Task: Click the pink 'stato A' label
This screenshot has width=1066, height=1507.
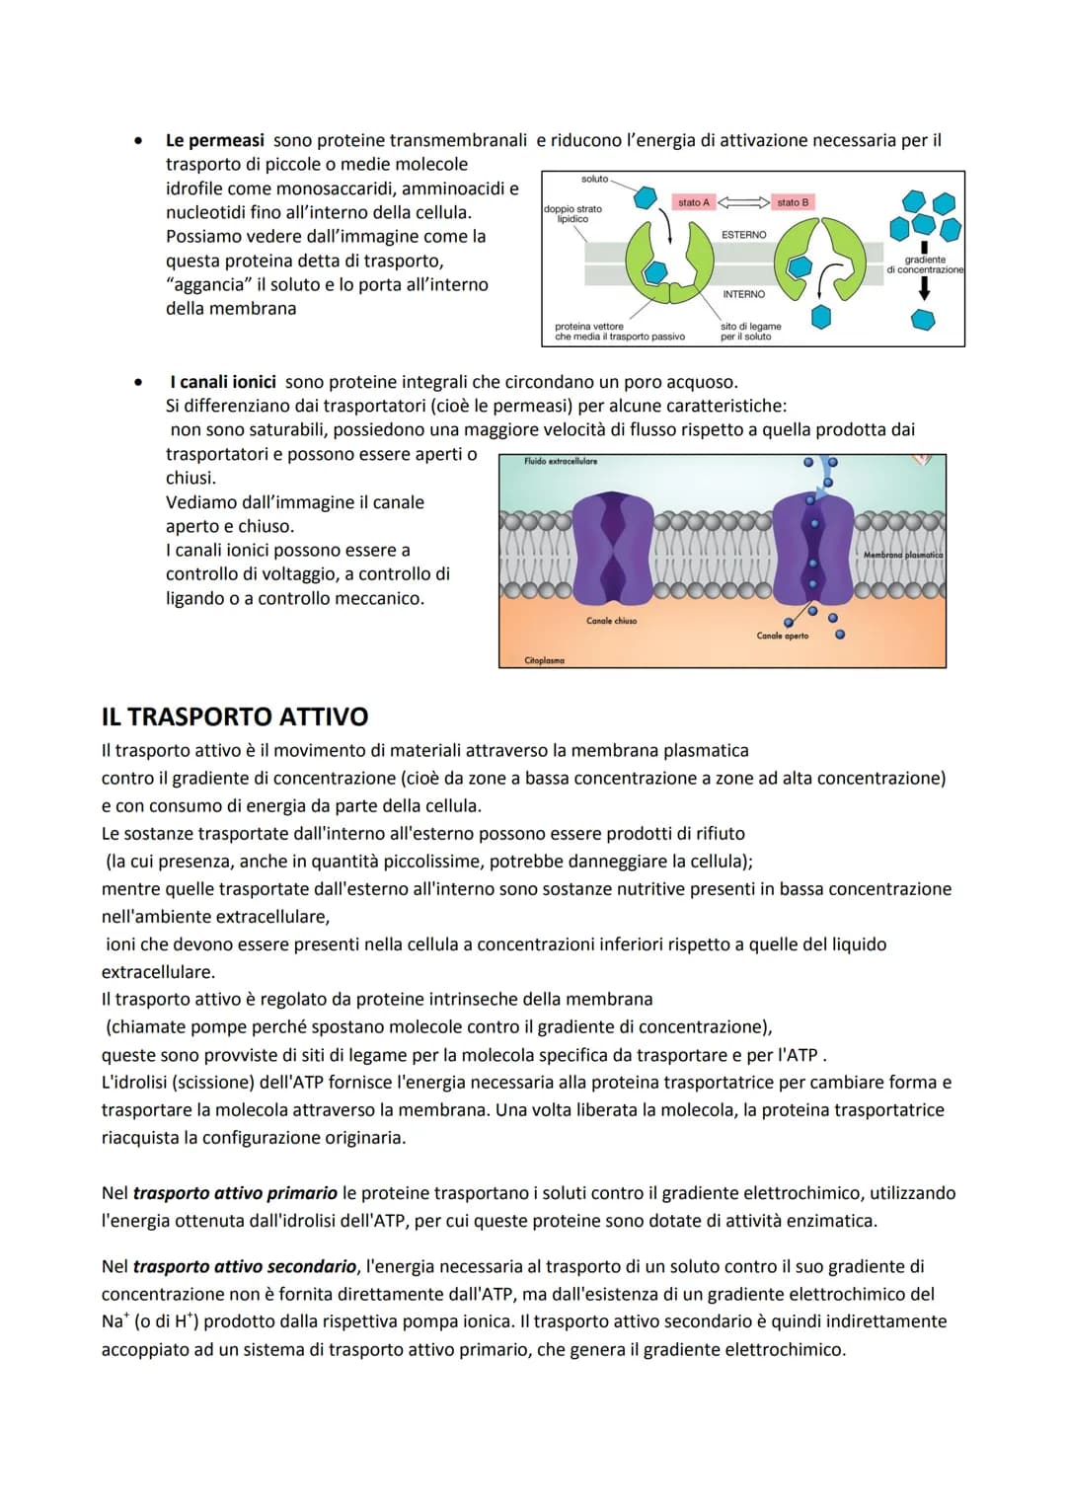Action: (694, 202)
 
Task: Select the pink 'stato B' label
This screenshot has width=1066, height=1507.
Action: (793, 202)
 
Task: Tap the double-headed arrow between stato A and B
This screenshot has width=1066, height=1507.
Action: (743, 202)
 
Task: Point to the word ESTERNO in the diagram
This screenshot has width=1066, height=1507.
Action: (744, 235)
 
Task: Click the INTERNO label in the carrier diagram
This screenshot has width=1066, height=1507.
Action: (743, 294)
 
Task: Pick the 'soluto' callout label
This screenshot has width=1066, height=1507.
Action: (595, 179)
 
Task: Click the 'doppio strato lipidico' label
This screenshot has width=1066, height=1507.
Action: (572, 213)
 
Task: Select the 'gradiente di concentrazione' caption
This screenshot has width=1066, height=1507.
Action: (925, 264)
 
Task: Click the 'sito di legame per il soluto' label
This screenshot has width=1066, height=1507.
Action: (750, 332)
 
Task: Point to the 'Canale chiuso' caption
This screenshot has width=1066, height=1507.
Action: (612, 621)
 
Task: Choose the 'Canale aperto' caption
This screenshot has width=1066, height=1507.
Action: (783, 636)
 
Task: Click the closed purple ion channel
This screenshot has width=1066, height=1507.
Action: (613, 548)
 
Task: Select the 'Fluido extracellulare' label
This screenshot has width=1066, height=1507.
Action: (561, 461)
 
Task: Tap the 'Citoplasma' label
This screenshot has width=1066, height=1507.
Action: (545, 659)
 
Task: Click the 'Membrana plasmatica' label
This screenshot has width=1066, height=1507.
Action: (903, 555)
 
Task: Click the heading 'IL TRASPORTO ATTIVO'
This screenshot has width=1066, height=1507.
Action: (235, 716)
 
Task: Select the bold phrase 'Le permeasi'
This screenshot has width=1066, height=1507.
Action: (215, 140)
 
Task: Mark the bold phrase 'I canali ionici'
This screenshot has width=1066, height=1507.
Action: (223, 382)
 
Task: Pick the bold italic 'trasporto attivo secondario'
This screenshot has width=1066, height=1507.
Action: (245, 1266)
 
